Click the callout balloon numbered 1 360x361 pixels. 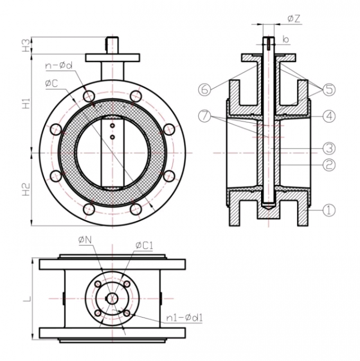click(x=329, y=210)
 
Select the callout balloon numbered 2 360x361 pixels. click(x=329, y=165)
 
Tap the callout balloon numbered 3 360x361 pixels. click(x=329, y=147)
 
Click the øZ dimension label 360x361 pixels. click(x=294, y=19)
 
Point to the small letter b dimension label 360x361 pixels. click(x=285, y=39)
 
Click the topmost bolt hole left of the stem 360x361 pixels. click(x=88, y=96)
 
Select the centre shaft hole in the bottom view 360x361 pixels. click(x=112, y=298)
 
